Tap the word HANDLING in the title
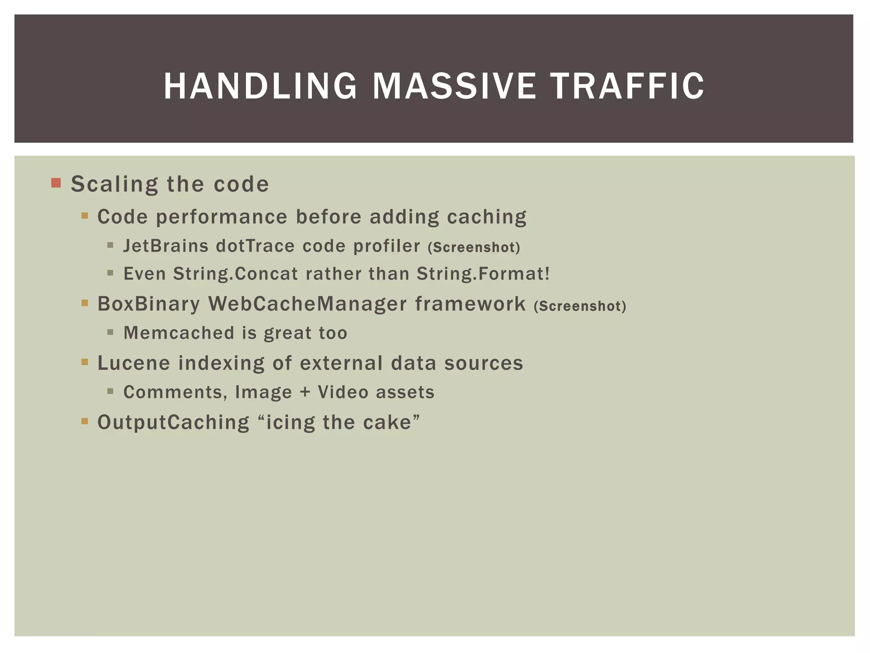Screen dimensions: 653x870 (260, 86)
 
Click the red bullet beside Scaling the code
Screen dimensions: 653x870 (56, 183)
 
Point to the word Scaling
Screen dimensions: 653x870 (113, 185)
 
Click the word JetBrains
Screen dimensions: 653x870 (166, 246)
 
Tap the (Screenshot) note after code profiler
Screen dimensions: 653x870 (474, 247)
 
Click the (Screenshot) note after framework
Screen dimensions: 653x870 (580, 306)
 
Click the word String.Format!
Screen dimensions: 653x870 (483, 274)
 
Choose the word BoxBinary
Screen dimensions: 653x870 (148, 304)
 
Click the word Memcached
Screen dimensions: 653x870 (179, 333)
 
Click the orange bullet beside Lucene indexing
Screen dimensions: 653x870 (85, 362)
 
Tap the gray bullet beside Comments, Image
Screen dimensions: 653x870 (110, 391)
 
